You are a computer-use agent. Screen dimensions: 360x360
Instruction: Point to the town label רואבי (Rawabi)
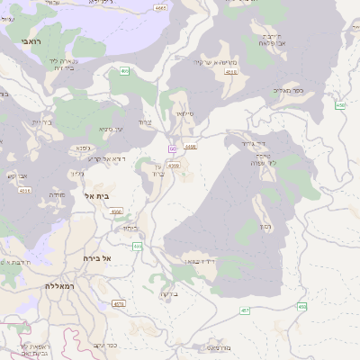30,41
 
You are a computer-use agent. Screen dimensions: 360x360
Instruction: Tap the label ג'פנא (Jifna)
83,148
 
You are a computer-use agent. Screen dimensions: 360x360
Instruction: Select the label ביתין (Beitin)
130,229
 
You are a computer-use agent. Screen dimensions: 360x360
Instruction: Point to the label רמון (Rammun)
267,226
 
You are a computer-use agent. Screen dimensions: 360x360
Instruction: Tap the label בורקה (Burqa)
170,293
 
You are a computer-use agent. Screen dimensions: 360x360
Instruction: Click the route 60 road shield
171,148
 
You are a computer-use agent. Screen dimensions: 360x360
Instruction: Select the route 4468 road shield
190,146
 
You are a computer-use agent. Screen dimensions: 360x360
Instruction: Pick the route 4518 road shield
231,71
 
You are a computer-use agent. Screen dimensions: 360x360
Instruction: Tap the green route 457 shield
244,310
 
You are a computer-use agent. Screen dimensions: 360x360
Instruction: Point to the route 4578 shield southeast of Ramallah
119,304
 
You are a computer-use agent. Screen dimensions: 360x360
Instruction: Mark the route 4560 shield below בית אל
116,211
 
